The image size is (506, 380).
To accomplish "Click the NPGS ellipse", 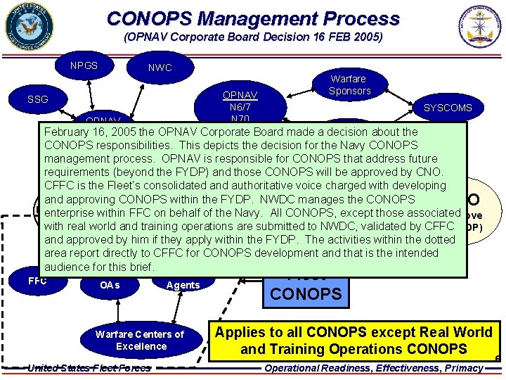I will tap(84, 65).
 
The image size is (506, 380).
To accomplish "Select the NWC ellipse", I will tap(160, 68).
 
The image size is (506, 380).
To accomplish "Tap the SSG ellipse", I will tap(37, 99).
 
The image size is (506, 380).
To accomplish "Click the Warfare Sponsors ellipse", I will tap(349, 85).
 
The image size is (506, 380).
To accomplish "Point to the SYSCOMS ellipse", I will tap(448, 108).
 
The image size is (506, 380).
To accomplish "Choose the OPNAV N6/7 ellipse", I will tap(240, 104).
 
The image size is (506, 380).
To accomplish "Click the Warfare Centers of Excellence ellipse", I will tap(140, 340).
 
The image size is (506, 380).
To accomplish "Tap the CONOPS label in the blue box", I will tap(306, 293).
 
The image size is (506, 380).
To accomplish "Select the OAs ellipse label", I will tap(110, 285).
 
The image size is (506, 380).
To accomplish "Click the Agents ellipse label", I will tap(183, 285).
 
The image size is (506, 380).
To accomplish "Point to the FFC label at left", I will tap(38, 281).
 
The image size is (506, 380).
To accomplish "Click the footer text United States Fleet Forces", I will tap(89, 368).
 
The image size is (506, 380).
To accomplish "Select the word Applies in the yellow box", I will tap(240, 332).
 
